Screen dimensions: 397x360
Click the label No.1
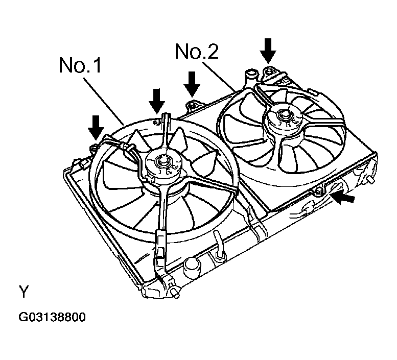pos(80,65)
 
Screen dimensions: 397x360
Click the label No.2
pos(197,52)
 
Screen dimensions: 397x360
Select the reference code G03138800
pos(52,318)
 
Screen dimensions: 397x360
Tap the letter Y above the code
pos(24,292)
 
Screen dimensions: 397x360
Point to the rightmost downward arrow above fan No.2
pos(268,51)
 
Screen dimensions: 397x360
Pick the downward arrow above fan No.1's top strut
pos(157,101)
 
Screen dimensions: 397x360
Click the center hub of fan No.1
pos(161,161)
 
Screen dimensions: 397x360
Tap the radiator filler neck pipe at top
pos(250,76)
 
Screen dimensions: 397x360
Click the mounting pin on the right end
pos(370,181)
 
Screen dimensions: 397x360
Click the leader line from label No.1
pos(104,102)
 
